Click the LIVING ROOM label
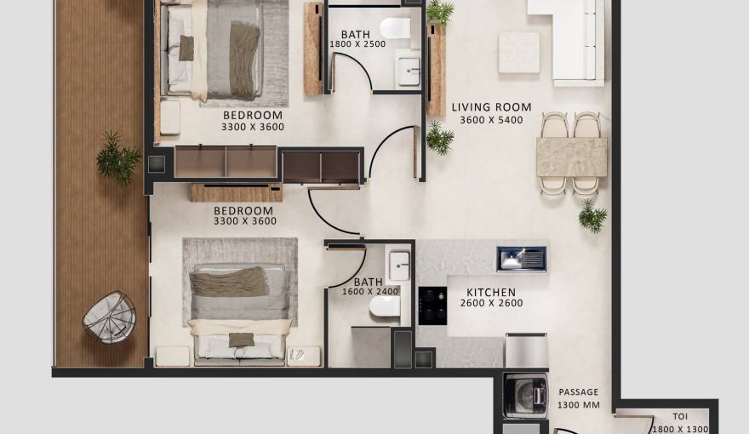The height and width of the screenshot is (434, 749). tap(491, 107)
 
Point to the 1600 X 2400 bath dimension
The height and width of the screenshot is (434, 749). tap(369, 291)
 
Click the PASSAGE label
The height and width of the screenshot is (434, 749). tap(578, 392)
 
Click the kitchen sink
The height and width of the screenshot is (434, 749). tap(521, 258)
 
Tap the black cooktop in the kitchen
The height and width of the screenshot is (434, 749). tap(432, 306)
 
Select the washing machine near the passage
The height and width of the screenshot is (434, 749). tap(525, 397)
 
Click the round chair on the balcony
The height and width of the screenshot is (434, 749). tap(109, 317)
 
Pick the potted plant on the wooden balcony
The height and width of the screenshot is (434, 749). tap(117, 157)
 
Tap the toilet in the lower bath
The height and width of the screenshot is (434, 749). tap(385, 306)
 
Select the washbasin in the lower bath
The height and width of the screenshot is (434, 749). tap(398, 266)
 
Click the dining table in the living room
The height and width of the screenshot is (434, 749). tap(571, 157)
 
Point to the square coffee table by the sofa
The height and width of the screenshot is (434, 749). tap(518, 52)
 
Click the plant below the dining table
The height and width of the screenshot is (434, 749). tap(592, 216)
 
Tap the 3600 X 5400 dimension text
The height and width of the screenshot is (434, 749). tap(491, 120)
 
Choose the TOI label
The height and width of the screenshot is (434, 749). tap(679, 417)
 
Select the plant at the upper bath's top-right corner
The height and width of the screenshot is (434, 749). tap(439, 12)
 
